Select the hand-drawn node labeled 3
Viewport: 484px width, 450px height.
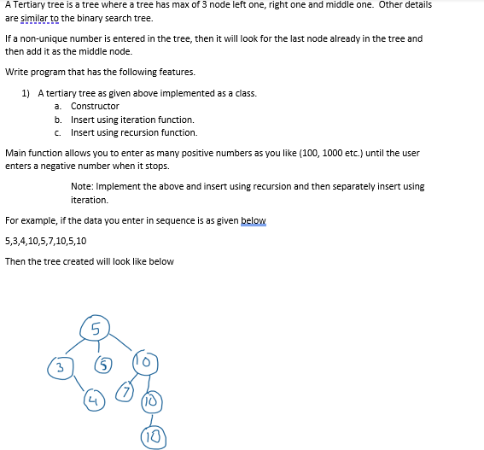tap(59, 368)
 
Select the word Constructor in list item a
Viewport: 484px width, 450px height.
tap(95, 107)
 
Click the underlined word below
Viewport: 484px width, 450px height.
tap(254, 221)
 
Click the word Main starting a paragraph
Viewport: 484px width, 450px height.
tap(15, 153)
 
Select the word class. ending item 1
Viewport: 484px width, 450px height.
tap(245, 93)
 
